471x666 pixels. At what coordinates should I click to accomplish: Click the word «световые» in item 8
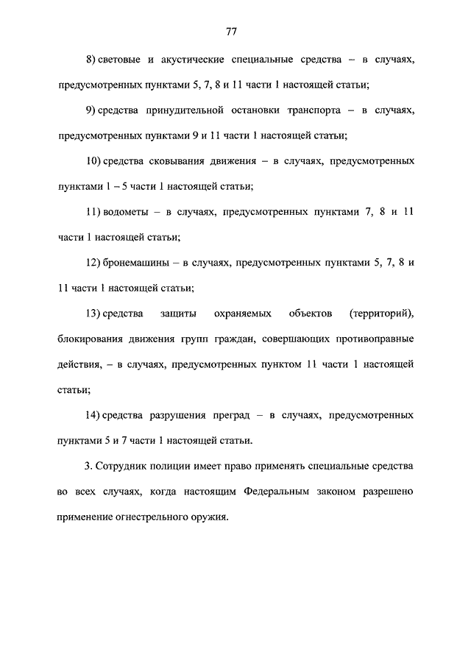[x=121, y=58]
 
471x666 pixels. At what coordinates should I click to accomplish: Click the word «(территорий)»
[x=383, y=313]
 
